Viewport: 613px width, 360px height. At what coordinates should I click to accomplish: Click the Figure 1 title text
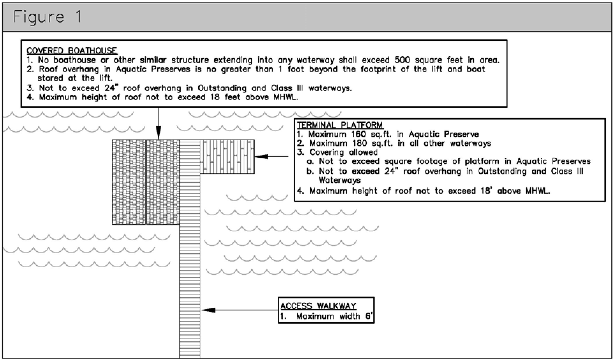pyautogui.click(x=47, y=17)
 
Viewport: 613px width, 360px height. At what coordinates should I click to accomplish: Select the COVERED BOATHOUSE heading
pyautogui.click(x=72, y=51)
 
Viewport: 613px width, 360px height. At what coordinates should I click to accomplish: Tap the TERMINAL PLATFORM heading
pyautogui.click(x=340, y=125)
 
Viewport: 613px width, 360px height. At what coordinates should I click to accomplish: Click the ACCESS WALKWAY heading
pyautogui.click(x=318, y=306)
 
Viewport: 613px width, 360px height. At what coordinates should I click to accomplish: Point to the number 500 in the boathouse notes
pyautogui.click(x=402, y=60)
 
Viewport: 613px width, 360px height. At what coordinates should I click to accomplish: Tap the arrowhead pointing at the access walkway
pyautogui.click(x=207, y=310)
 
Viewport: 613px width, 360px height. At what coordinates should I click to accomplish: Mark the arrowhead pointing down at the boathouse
pyautogui.click(x=158, y=134)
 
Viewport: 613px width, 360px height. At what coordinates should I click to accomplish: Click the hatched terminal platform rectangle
pyautogui.click(x=227, y=157)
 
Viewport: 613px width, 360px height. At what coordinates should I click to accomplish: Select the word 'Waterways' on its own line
pyautogui.click(x=339, y=180)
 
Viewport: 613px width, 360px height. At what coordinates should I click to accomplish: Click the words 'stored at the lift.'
pyautogui.click(x=75, y=78)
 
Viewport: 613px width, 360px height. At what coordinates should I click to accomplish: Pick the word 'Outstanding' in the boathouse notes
pyautogui.click(x=222, y=88)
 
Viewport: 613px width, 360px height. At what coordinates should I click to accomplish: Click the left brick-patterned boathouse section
pyautogui.click(x=129, y=182)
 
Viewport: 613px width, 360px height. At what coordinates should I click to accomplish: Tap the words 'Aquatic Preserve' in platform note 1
pyautogui.click(x=443, y=134)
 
